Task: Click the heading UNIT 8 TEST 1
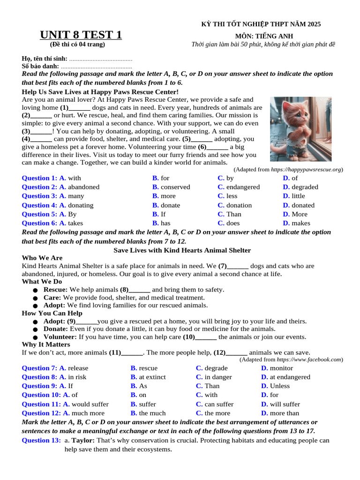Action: (81, 35)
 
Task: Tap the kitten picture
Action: (300, 129)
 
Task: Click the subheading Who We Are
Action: (42, 258)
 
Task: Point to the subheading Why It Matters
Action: (46, 345)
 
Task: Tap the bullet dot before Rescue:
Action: (35, 290)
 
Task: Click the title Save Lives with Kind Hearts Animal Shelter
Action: (182, 250)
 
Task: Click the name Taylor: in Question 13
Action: (84, 441)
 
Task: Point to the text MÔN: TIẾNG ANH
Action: (264, 36)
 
